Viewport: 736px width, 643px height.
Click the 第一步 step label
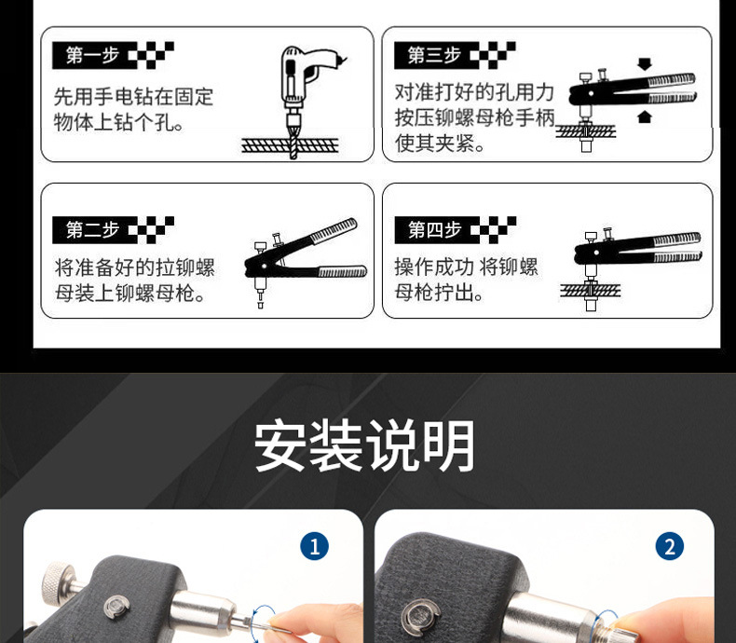click(x=92, y=55)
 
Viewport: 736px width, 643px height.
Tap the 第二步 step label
click(x=92, y=229)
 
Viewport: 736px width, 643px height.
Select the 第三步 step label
click(x=434, y=55)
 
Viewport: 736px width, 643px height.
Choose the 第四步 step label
click(x=434, y=229)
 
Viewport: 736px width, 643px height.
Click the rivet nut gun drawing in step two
click(x=303, y=261)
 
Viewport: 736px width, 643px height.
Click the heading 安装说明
click(x=366, y=446)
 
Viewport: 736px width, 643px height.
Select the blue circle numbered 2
click(x=669, y=546)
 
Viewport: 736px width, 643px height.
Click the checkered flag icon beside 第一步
click(x=150, y=55)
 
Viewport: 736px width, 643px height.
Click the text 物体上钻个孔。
click(x=119, y=122)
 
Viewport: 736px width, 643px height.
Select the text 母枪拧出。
click(x=440, y=293)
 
